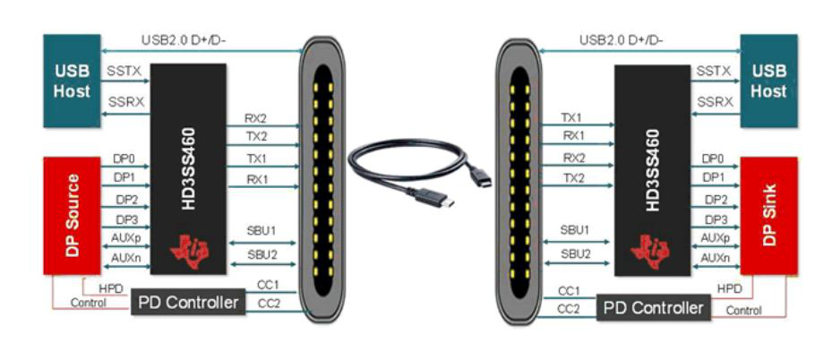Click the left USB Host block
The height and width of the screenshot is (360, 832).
72,80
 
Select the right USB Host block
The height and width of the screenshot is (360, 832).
768,80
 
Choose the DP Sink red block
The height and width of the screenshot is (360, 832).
768,215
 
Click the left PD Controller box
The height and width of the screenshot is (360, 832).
188,303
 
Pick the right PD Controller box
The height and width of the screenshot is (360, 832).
653,307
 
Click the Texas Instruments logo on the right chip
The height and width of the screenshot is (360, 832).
651,250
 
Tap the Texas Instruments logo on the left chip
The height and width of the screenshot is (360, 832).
190,250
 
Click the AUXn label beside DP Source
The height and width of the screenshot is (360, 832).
124,257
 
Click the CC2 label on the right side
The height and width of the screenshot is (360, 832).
568,309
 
